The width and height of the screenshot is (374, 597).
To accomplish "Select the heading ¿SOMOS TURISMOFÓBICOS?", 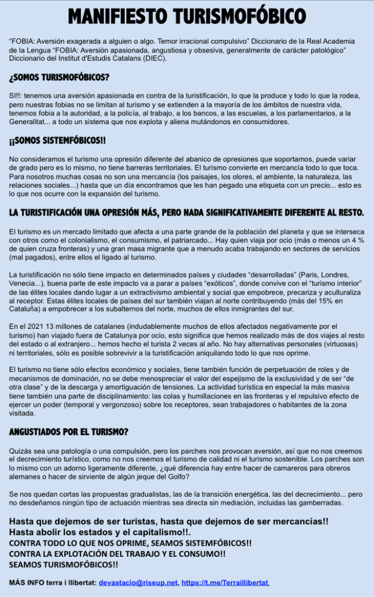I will pyautogui.click(x=59, y=78).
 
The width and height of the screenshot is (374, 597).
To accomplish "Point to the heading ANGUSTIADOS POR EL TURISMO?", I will pyautogui.click(x=69, y=432).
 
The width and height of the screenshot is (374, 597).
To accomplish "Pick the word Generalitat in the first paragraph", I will pyautogui.click(x=30, y=122).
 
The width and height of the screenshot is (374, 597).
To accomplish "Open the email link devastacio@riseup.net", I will pyautogui.click(x=137, y=582).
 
